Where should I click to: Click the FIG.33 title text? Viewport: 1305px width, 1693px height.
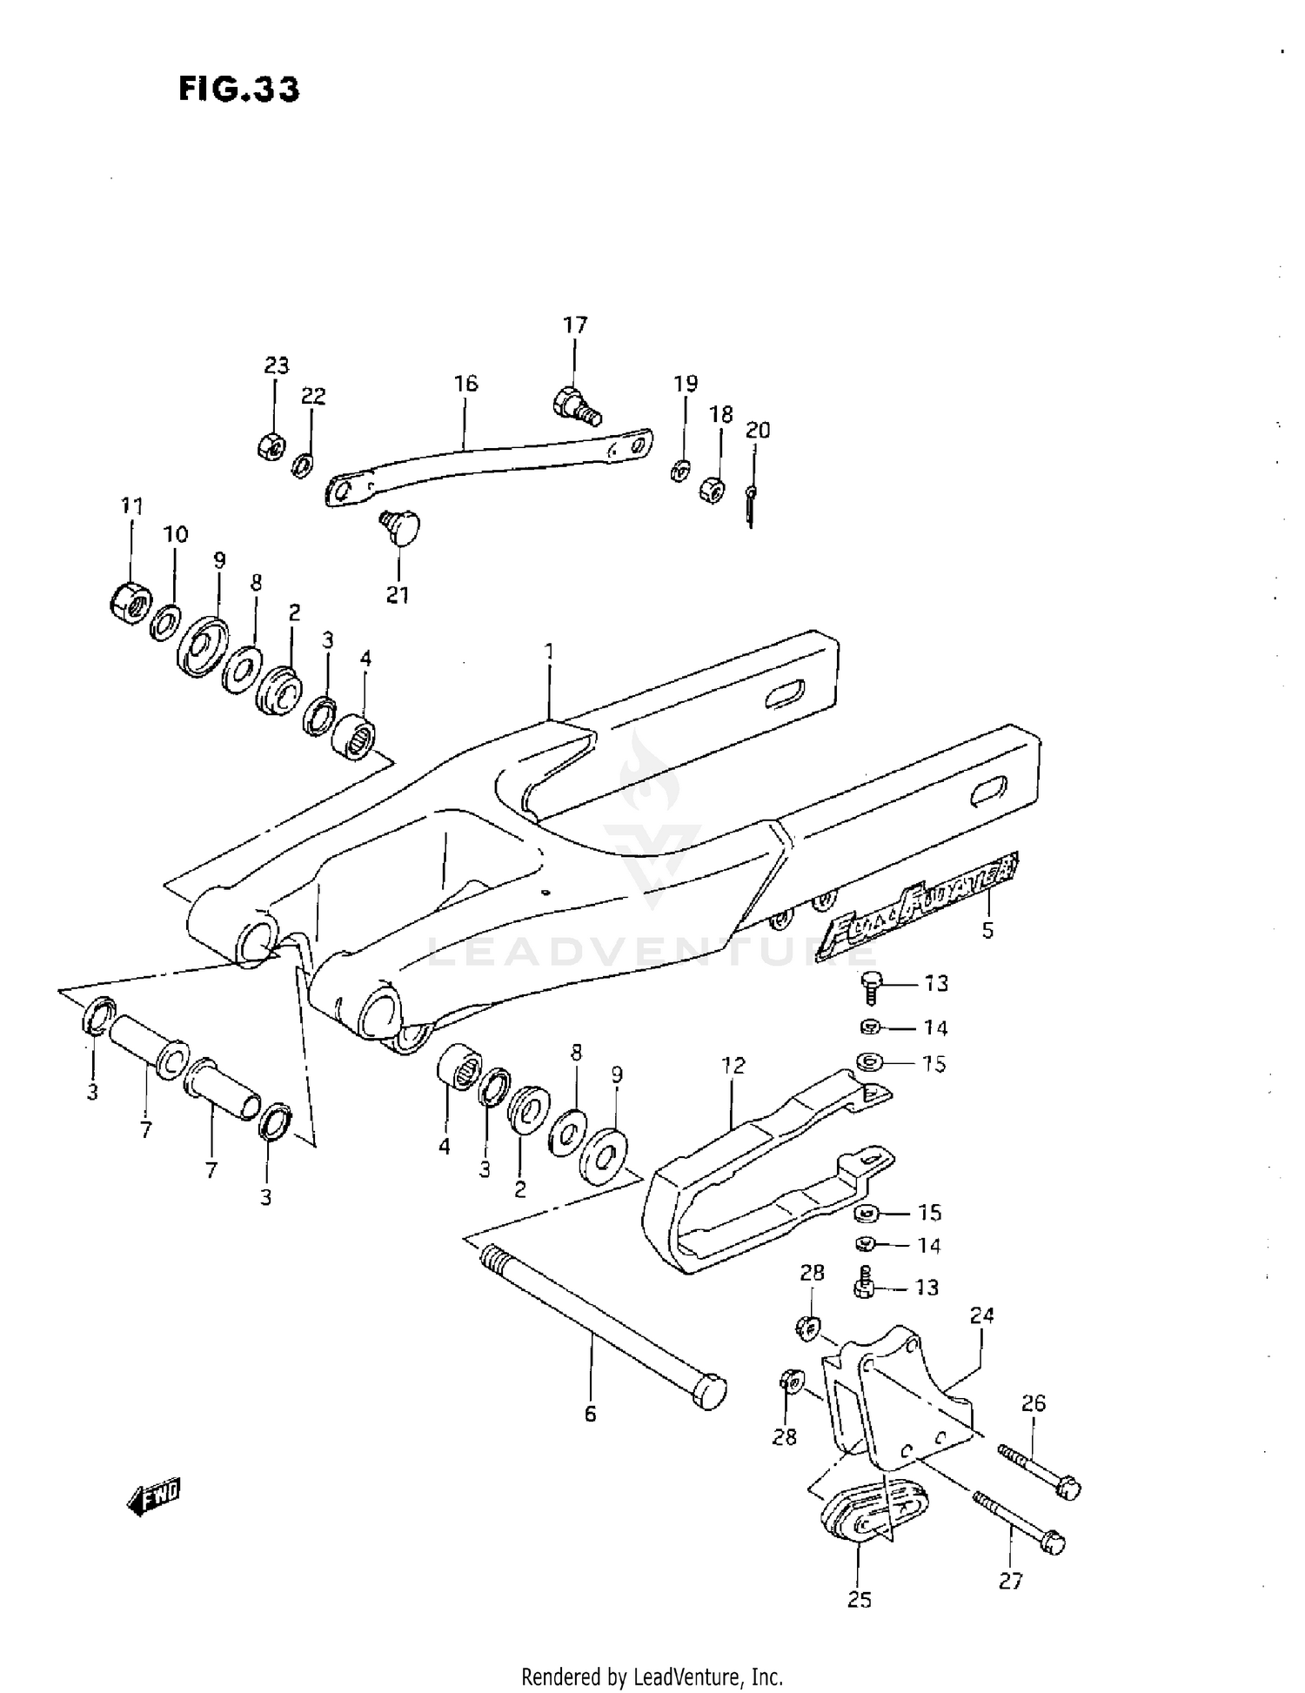pyautogui.click(x=239, y=89)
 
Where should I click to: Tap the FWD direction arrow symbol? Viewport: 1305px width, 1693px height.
pyautogui.click(x=155, y=1496)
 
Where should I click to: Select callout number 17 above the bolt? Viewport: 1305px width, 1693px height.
pyautogui.click(x=575, y=325)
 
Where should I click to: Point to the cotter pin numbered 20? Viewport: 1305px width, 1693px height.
pyautogui.click(x=750, y=505)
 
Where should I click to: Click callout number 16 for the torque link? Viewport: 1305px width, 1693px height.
pyautogui.click(x=465, y=384)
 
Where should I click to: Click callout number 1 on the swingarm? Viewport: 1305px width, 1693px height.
pyautogui.click(x=549, y=652)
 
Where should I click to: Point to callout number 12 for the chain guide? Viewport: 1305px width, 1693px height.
pyautogui.click(x=733, y=1065)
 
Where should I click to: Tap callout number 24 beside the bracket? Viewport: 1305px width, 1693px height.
pyautogui.click(x=981, y=1315)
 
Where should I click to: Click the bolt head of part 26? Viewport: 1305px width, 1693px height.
pyautogui.click(x=1068, y=1489)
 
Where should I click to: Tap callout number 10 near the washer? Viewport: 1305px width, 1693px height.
pyautogui.click(x=176, y=534)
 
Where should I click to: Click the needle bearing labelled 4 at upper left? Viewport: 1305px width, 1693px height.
pyautogui.click(x=354, y=737)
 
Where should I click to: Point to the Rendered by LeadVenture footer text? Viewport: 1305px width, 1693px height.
pyautogui.click(x=652, y=1676)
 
